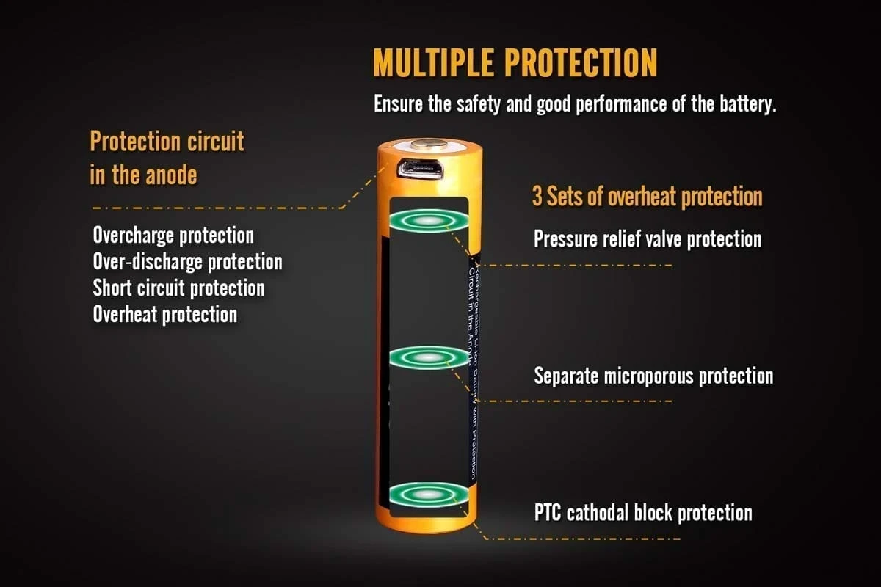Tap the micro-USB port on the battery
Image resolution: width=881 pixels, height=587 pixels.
(419, 169)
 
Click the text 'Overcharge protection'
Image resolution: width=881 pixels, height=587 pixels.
(173, 236)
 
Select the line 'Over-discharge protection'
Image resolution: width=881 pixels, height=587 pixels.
(187, 262)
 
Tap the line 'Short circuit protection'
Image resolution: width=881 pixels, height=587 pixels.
(178, 288)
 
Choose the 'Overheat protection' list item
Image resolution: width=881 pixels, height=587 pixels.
(164, 314)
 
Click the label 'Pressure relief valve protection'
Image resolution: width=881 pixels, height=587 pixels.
(647, 238)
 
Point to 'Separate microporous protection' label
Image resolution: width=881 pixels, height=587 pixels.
(653, 376)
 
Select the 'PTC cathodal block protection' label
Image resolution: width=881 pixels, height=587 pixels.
(642, 512)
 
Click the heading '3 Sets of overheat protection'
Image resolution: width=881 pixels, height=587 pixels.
(647, 197)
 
